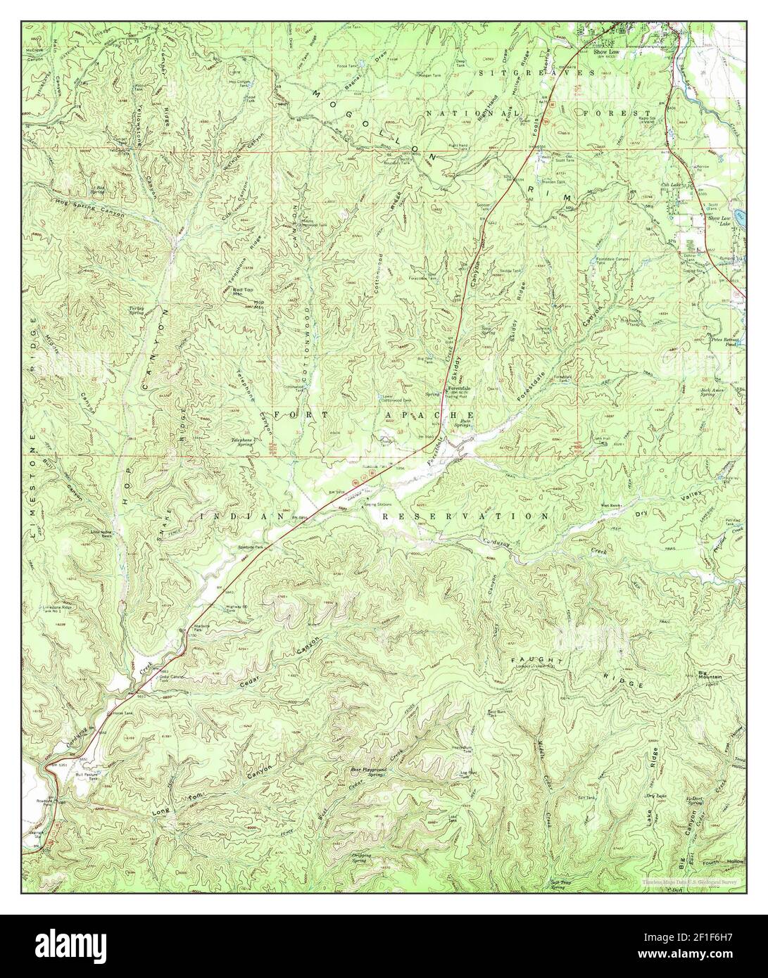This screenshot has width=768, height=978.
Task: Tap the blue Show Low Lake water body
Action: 737,212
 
